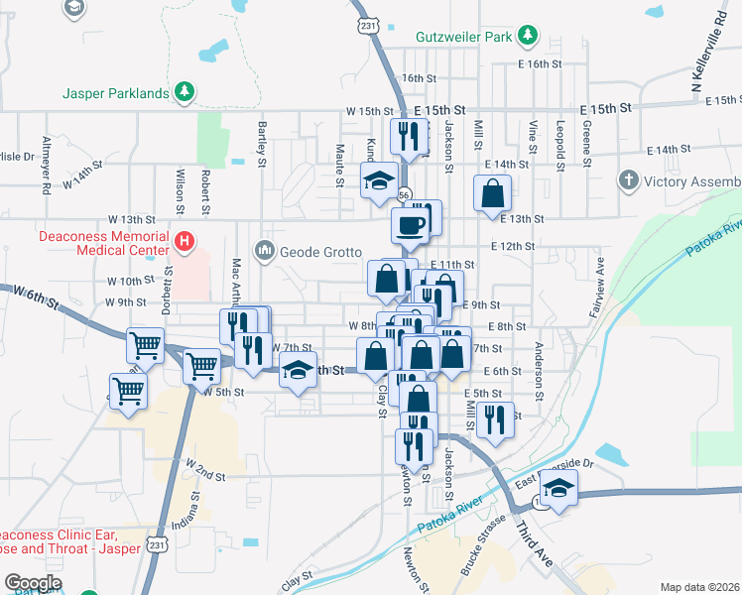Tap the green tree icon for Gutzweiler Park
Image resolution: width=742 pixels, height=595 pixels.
[x=529, y=36]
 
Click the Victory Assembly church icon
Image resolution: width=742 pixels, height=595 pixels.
[x=627, y=180]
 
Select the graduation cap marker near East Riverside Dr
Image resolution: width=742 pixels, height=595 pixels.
[x=559, y=488]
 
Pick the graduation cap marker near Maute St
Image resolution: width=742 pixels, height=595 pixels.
[x=378, y=180]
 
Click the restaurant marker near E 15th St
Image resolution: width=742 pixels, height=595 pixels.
[x=409, y=136]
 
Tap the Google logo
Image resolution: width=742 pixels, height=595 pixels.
[x=33, y=583]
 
